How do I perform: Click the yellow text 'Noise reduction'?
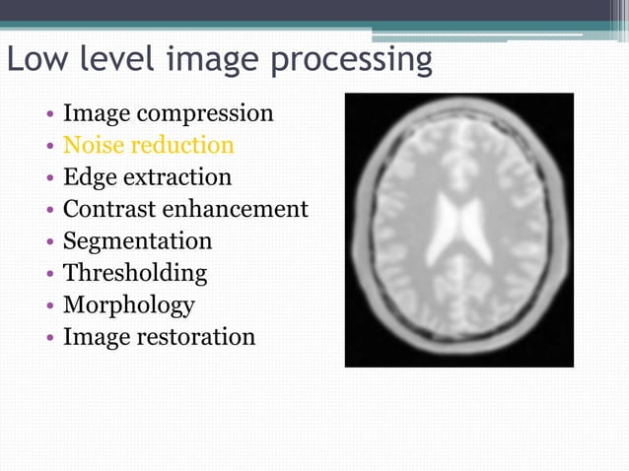(148, 146)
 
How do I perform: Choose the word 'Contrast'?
(105, 209)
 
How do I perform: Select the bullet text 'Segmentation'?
(137, 241)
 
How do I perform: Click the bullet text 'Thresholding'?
(135, 273)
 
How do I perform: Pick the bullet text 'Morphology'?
(128, 305)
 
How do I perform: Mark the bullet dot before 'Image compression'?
(49, 115)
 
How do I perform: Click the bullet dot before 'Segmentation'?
(49, 242)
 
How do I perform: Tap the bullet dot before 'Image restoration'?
(49, 338)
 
